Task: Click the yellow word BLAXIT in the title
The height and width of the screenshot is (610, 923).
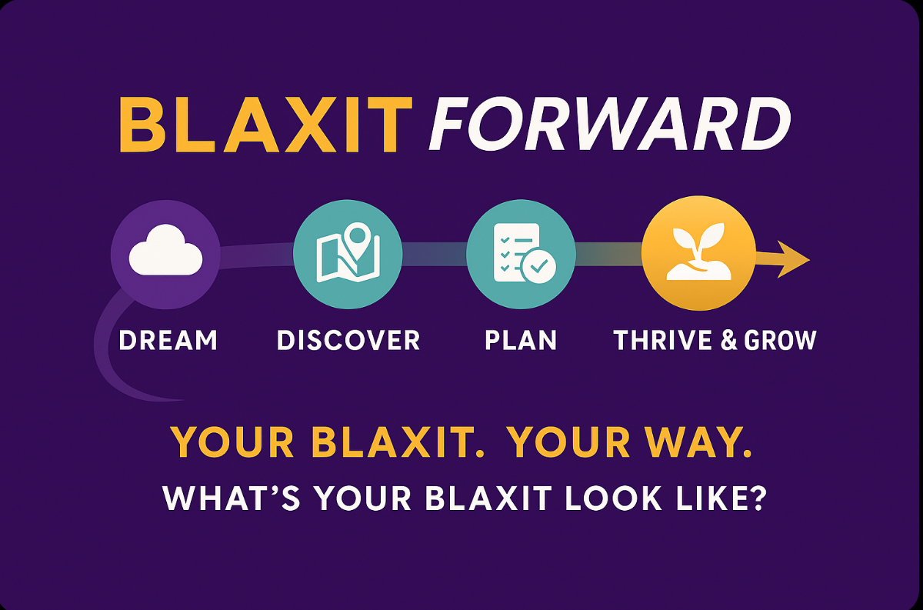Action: click(266, 125)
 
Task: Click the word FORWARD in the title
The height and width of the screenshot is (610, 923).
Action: click(610, 125)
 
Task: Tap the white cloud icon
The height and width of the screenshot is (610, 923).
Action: click(165, 250)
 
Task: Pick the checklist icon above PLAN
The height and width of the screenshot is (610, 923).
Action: click(524, 253)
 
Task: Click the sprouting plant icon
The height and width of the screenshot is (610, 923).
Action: click(698, 252)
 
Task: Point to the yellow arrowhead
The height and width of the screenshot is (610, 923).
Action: click(793, 260)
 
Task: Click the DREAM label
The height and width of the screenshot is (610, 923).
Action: click(168, 340)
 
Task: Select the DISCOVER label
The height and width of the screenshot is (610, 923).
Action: click(348, 340)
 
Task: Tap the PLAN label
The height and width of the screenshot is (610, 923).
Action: click(521, 340)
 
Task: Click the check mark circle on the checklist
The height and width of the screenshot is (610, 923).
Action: click(538, 266)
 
